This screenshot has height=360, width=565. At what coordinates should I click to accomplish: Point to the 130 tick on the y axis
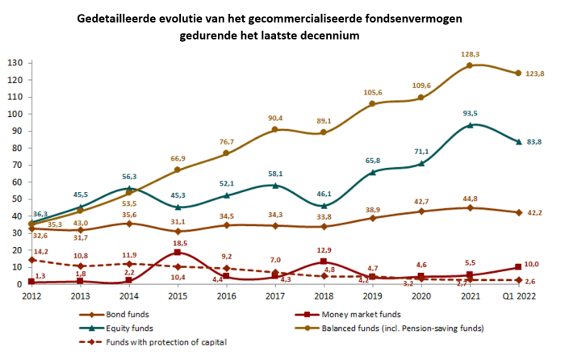pyautogui.click(x=14, y=62)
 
